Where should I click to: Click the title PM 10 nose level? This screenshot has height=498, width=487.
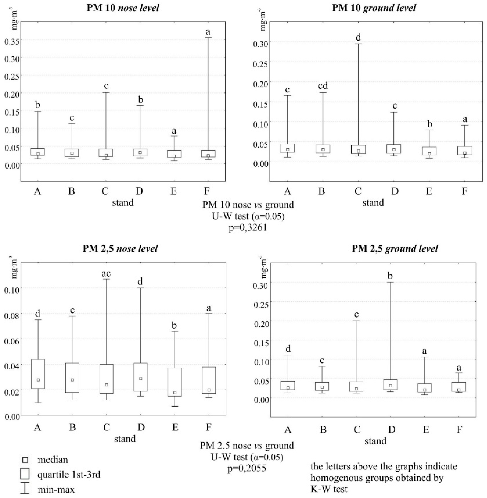point(123,8)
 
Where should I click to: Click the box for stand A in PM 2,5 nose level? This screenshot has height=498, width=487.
point(38,373)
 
